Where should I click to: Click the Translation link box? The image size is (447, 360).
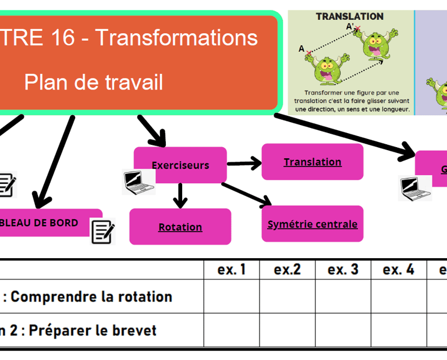point(313,162)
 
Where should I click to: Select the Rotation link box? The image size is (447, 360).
point(180,227)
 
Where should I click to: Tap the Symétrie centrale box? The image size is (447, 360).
point(313,224)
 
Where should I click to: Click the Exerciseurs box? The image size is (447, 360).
point(180,165)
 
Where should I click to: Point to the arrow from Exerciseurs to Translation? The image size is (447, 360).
point(244,164)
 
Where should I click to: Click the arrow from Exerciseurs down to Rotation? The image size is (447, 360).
point(180,195)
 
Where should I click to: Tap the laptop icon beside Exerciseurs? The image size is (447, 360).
point(139,182)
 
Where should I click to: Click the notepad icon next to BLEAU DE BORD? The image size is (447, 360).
point(103,231)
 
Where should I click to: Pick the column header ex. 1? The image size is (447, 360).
point(231,270)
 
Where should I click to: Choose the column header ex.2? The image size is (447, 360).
point(287,270)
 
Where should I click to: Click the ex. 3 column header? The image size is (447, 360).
point(343,270)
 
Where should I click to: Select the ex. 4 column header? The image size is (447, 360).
point(399,270)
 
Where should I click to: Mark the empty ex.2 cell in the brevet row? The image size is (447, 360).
point(287,330)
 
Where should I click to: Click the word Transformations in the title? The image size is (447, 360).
point(176,38)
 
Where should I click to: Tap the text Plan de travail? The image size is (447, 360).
point(93,83)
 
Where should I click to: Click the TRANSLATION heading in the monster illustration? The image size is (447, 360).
point(349,17)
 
